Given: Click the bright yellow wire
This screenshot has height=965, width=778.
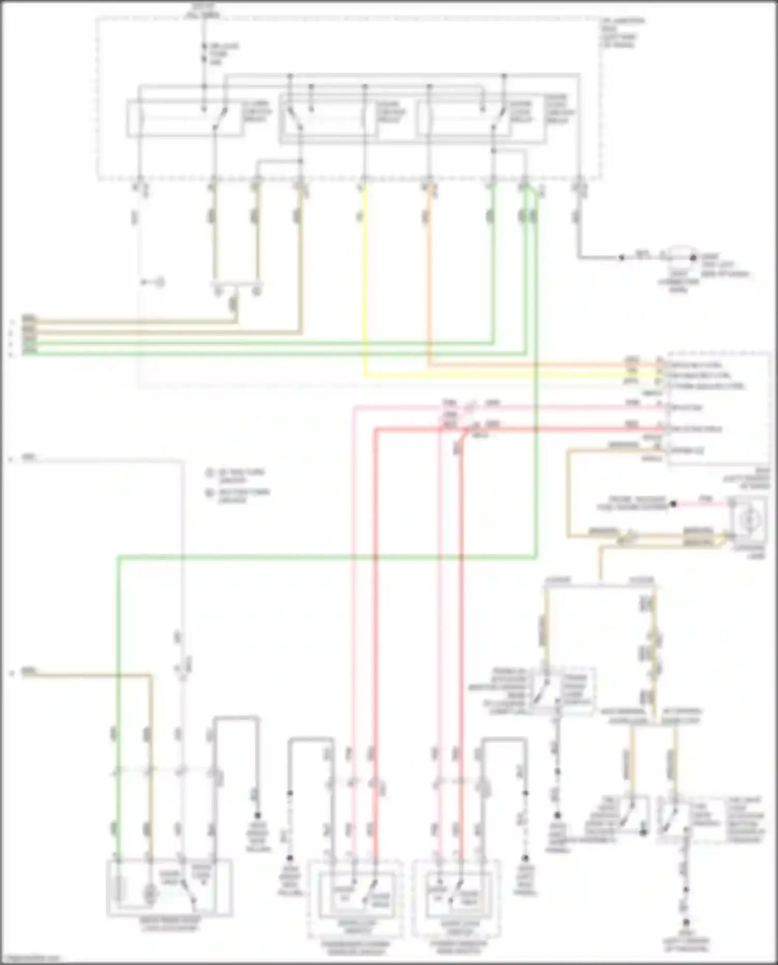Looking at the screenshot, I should (366, 290).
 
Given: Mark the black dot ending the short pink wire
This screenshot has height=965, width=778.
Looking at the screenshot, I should (673, 504).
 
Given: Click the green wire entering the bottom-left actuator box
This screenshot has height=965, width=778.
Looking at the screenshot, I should (119, 778).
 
